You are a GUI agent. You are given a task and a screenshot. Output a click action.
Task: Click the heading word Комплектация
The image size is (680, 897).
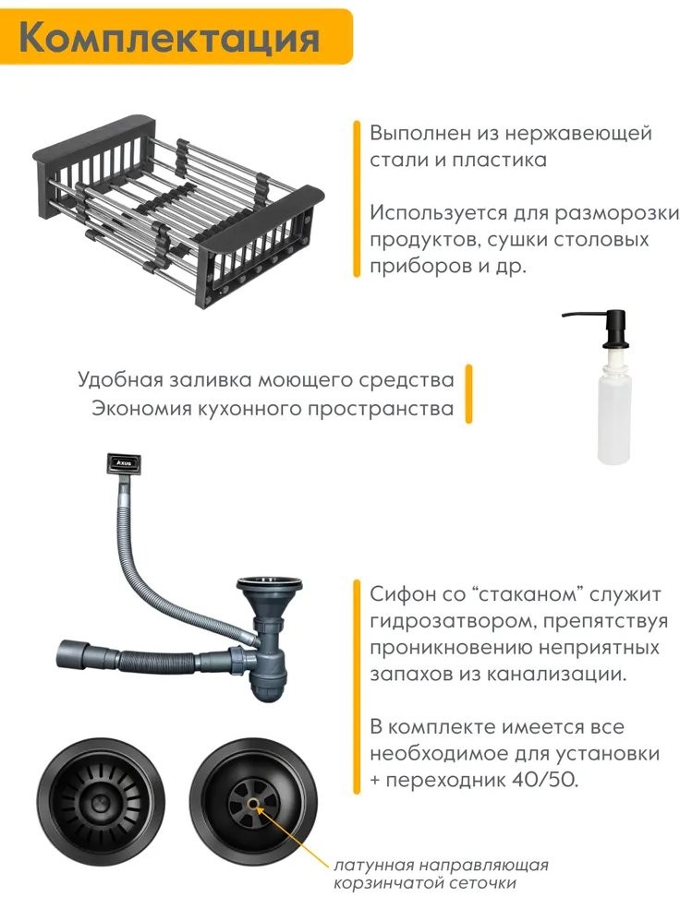[170, 38]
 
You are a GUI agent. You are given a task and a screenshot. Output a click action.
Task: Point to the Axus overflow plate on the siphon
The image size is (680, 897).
[123, 462]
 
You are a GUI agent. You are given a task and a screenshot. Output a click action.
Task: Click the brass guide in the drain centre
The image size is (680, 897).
[253, 803]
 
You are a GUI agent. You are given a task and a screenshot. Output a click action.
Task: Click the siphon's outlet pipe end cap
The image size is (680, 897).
[73, 655]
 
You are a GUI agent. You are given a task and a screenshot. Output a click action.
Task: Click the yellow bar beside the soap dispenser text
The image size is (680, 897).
[468, 393]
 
